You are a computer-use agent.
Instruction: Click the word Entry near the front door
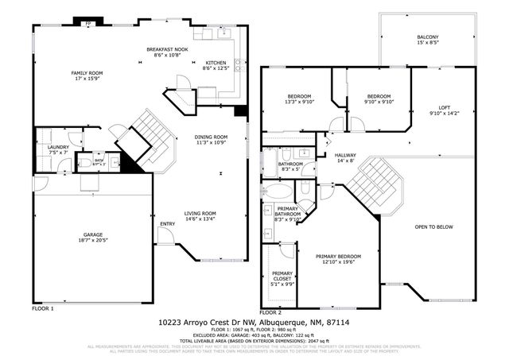pyautogui.click(x=167, y=224)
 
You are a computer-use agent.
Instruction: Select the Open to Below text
pyautogui.click(x=433, y=227)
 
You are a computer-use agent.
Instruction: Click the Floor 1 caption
pyautogui.click(x=43, y=308)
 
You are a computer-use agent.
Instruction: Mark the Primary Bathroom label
pyautogui.click(x=288, y=212)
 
